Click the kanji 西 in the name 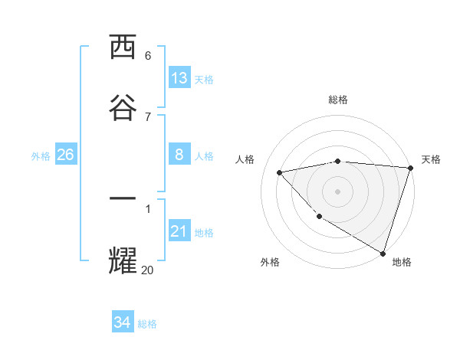point(123,47)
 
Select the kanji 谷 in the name point(123,105)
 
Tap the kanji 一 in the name point(123,198)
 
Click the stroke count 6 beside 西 point(148,56)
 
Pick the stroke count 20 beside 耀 point(147,270)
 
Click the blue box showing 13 point(179,77)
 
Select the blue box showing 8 point(179,155)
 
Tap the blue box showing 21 point(179,231)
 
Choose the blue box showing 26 point(65,155)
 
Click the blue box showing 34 point(122,322)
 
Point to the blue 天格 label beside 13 point(204,79)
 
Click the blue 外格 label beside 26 point(41,156)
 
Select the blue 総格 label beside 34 point(147,324)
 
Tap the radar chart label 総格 point(338,100)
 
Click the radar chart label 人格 point(246,159)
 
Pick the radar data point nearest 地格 point(383,253)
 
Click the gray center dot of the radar point(338,191)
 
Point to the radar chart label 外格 point(270,262)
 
